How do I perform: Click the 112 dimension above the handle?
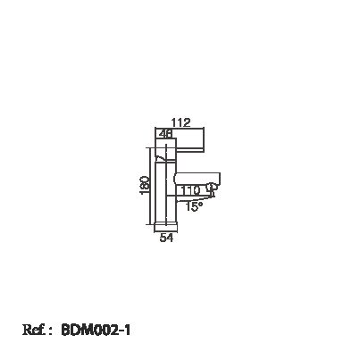pos(180,122)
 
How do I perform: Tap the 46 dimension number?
pos(166,134)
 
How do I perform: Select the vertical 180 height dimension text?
pos(144,185)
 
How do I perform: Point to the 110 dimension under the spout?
pos(190,190)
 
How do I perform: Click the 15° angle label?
pos(194,206)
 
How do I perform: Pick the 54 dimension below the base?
pos(166,238)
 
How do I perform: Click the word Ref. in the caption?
pos(34,330)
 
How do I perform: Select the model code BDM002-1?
pos(96,330)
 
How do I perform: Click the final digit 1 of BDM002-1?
pos(128,330)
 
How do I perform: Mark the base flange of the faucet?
pos(166,227)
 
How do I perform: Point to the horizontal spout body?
pos(197,179)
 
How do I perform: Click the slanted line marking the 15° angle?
pos(195,198)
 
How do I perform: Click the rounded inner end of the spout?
pos(175,179)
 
